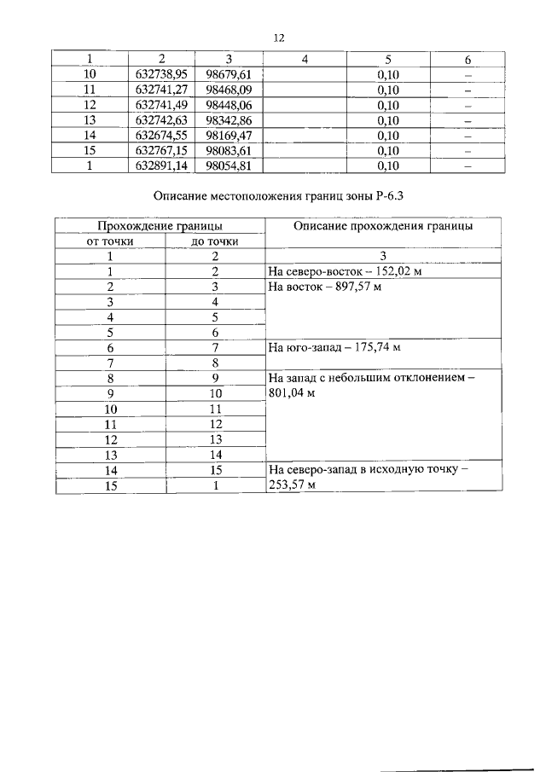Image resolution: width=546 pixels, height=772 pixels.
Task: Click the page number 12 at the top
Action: point(277,38)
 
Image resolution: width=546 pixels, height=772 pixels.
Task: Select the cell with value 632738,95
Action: point(160,75)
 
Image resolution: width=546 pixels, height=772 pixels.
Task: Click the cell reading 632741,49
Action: point(160,105)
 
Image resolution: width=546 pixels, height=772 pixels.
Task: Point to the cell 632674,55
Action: point(160,136)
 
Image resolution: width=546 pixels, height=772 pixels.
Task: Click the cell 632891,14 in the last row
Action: point(160,166)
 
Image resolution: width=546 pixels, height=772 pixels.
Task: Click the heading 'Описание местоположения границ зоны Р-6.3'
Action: point(277,197)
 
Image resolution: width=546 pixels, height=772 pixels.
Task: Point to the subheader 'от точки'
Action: point(110,241)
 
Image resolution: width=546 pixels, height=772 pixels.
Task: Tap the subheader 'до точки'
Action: point(215,241)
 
